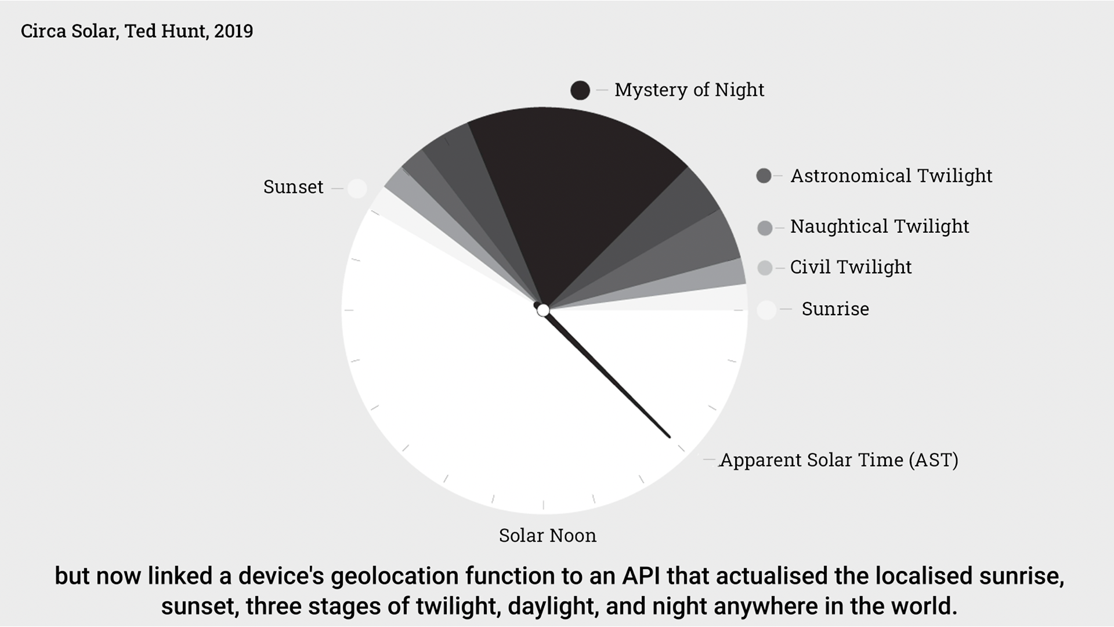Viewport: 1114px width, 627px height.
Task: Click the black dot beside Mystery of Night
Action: [x=580, y=90]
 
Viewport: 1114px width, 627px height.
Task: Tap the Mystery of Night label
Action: [x=689, y=90]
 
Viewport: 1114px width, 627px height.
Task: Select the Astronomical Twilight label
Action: [x=891, y=175]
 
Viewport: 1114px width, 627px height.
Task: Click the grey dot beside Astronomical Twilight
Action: [x=764, y=175]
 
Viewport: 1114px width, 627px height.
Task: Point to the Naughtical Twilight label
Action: [x=880, y=226]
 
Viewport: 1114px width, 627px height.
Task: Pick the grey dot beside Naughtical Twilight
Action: [x=765, y=228]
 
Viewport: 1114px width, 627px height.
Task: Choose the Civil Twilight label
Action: [x=851, y=267]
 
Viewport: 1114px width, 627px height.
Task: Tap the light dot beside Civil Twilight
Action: [x=765, y=268]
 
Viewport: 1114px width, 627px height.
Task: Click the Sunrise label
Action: [x=835, y=309]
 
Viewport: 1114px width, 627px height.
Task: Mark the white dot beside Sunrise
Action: [x=766, y=310]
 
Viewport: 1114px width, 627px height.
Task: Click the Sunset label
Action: [x=293, y=187]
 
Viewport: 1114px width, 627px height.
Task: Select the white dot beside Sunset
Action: [x=357, y=189]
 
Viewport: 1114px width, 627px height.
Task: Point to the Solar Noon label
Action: [x=548, y=535]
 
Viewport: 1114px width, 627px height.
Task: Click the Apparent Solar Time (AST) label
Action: [x=839, y=460]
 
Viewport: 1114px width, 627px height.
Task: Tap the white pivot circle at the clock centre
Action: [x=543, y=311]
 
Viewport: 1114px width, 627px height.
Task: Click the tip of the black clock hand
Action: [x=670, y=437]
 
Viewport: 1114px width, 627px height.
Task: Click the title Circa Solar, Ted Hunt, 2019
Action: [x=137, y=31]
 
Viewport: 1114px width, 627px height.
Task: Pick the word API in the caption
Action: [x=642, y=576]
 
